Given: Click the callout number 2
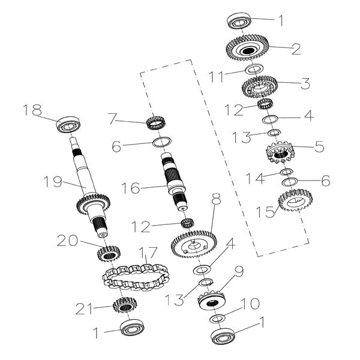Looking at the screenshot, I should click(x=296, y=49).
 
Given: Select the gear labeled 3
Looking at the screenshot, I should click(x=259, y=88).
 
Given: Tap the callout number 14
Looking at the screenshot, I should click(x=254, y=179).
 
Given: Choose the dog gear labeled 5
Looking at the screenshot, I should click(x=280, y=152).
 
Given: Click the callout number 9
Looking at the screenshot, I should click(x=239, y=271).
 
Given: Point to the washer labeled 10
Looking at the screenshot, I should click(x=217, y=319).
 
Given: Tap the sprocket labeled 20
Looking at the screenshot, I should click(x=109, y=254).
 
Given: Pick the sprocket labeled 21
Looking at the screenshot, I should click(x=123, y=305).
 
